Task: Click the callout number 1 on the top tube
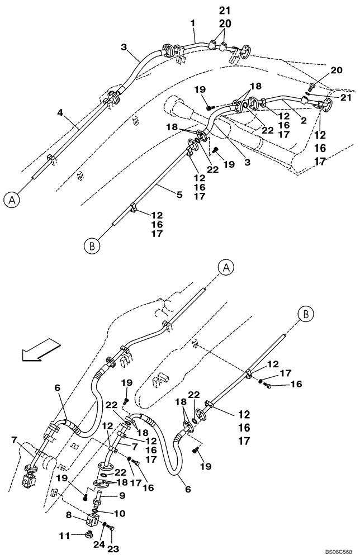[193, 25]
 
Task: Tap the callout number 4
[60, 112]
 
